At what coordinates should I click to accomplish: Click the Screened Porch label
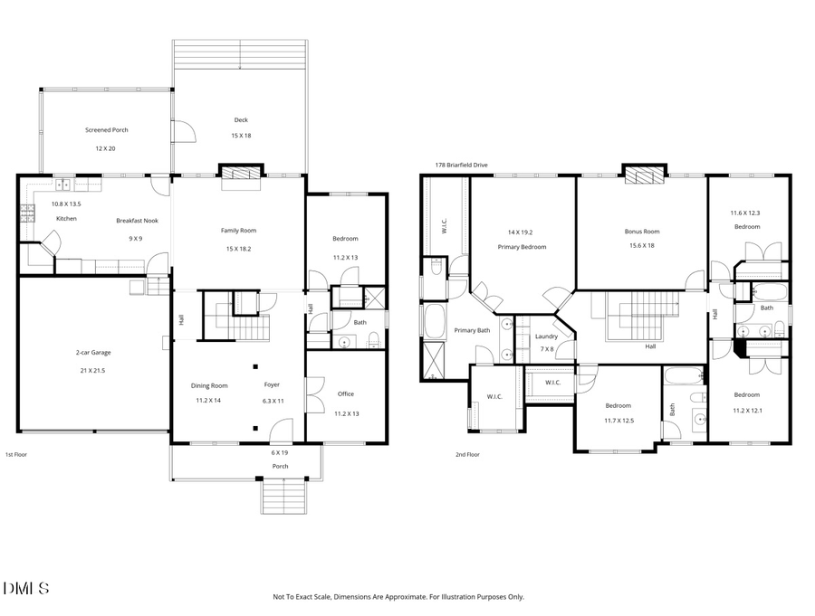(x=106, y=130)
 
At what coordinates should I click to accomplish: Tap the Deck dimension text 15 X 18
(x=240, y=136)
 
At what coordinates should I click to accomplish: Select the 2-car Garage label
(x=92, y=352)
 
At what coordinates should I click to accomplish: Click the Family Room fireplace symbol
(x=240, y=174)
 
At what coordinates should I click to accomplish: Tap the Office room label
(x=346, y=393)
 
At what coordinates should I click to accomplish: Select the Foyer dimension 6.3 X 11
(x=273, y=401)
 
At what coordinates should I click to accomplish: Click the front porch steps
(x=283, y=496)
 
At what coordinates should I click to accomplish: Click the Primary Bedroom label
(x=522, y=247)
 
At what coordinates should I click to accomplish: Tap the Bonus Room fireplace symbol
(x=642, y=174)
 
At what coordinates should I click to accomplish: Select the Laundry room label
(x=546, y=336)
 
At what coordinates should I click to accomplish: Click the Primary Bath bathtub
(x=434, y=321)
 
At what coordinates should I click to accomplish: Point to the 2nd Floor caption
(x=467, y=455)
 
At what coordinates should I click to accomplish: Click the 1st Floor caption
(x=16, y=455)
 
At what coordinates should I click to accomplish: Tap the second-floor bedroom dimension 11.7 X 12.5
(x=618, y=421)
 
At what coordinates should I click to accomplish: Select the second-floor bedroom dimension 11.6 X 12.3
(x=746, y=213)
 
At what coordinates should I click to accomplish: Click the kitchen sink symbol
(x=62, y=185)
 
